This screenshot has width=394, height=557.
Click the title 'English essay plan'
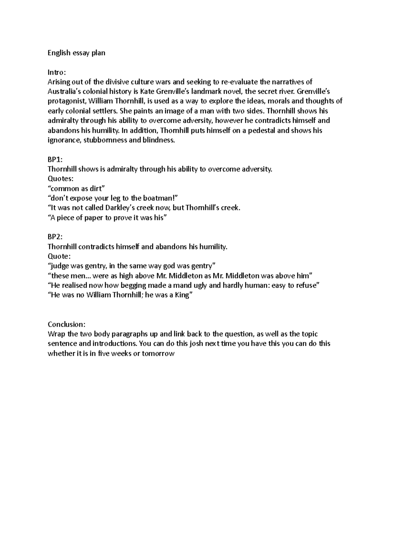coord(76,53)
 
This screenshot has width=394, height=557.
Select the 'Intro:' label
coord(56,72)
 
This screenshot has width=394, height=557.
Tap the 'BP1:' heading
coord(55,159)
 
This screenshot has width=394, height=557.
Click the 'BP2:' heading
coord(55,237)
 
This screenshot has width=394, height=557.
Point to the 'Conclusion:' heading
coord(66,324)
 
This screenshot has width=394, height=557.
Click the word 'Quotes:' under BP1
coord(61,179)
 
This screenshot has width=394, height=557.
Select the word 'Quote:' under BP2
coord(59,256)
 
